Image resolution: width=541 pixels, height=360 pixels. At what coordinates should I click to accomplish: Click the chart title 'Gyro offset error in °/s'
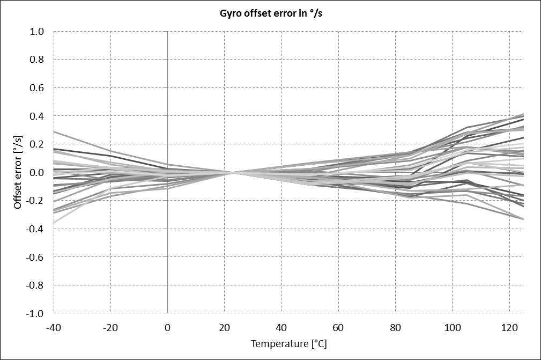270,14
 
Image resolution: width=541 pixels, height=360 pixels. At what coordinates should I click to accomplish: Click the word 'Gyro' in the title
231,14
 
